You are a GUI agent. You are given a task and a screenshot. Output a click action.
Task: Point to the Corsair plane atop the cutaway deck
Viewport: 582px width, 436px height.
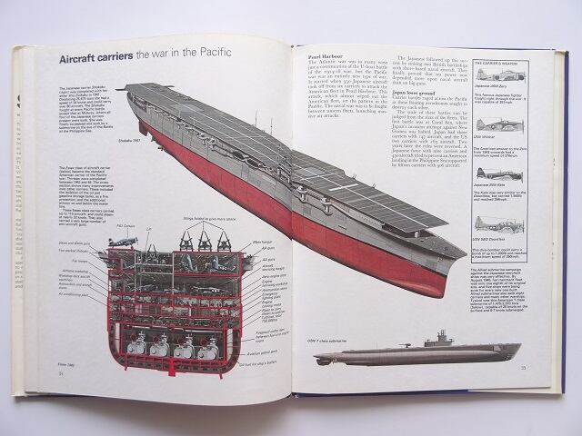pos(122,242)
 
